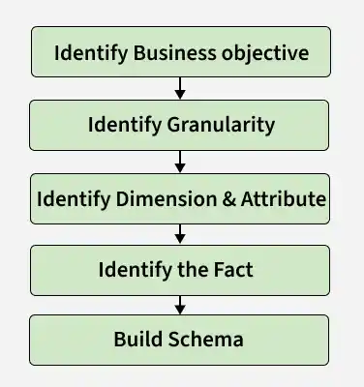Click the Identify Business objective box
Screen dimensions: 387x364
(x=181, y=52)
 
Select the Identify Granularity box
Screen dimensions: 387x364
(x=181, y=124)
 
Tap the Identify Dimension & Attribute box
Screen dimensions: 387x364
(x=181, y=197)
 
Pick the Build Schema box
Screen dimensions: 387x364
(x=181, y=340)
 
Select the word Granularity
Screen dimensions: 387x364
(x=220, y=125)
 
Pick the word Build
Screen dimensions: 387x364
(x=136, y=340)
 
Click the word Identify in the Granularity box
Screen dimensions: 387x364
(x=124, y=125)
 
